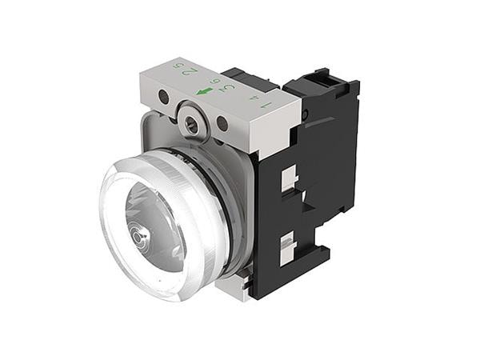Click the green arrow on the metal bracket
coord(204,91)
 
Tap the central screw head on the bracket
coord(191,122)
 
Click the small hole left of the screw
coord(163,98)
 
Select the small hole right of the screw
coord(222,123)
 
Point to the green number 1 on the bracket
coord(266,103)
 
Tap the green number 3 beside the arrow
coord(229,87)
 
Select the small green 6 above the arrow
coord(214,81)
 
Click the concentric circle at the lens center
coord(142,238)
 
